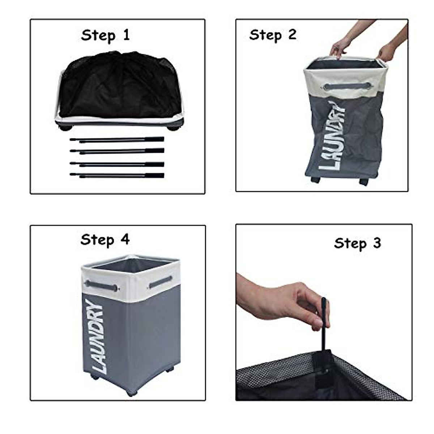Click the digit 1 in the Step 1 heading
[x=126, y=35]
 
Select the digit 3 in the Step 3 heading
[x=377, y=243]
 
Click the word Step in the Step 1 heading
[x=98, y=36]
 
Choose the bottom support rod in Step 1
[x=117, y=175]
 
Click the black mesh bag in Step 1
[x=120, y=85]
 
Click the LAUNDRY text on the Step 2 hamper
[x=332, y=136]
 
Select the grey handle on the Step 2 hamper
[x=347, y=86]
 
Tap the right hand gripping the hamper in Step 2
[x=387, y=52]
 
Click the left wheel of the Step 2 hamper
[x=315, y=179]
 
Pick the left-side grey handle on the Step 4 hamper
[x=101, y=286]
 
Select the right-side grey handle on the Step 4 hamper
[x=160, y=281]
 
